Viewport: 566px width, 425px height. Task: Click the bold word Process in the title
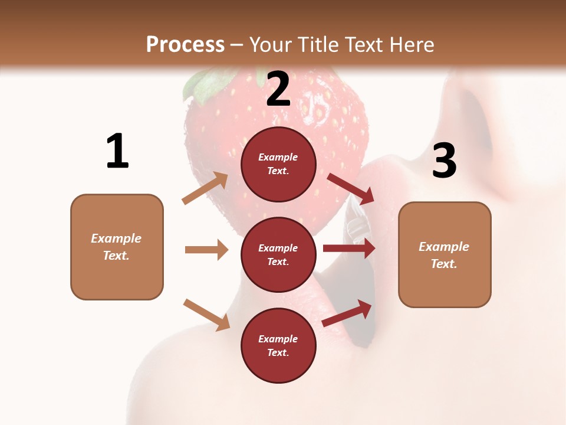tap(185, 45)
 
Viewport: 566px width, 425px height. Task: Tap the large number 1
tap(117, 152)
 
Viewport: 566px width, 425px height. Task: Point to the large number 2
tap(278, 89)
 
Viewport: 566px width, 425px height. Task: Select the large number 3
tap(444, 161)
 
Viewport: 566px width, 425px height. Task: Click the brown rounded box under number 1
tap(117, 247)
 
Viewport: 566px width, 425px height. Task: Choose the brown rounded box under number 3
tap(445, 255)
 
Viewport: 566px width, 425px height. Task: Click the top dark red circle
tap(278, 164)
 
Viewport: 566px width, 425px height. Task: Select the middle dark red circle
tap(278, 254)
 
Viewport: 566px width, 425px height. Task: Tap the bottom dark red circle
tap(278, 345)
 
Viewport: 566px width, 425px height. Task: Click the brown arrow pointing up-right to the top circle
tap(205, 188)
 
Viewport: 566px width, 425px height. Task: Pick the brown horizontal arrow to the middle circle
tap(206, 250)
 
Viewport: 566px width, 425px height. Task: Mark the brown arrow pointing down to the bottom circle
tap(206, 315)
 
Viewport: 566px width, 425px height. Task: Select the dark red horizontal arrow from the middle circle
tap(349, 248)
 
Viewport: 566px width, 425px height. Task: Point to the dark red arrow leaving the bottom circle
tap(347, 313)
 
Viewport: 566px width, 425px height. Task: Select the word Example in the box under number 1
tap(116, 238)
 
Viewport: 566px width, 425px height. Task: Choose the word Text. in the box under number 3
tap(444, 264)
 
